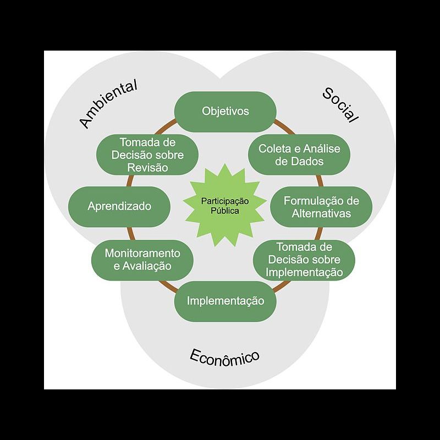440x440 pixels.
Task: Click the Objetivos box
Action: pyautogui.click(x=225, y=111)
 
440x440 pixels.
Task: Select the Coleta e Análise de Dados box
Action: pyautogui.click(x=299, y=155)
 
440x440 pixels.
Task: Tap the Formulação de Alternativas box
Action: pyautogui.click(x=321, y=207)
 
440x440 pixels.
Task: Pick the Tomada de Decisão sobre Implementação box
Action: pyautogui.click(x=304, y=259)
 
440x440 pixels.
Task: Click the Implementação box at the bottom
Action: pyautogui.click(x=225, y=301)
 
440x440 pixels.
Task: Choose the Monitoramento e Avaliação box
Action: pyautogui.click(x=142, y=260)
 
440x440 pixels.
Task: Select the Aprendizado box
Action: pyautogui.click(x=119, y=207)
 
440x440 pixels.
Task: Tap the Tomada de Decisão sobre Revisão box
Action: pyautogui.click(x=147, y=155)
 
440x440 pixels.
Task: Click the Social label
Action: pyautogui.click(x=340, y=105)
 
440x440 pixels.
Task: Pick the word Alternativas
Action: pyautogui.click(x=321, y=213)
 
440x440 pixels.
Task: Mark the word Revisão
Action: pyautogui.click(x=147, y=168)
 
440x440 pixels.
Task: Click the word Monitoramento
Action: pyautogui.click(x=142, y=254)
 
